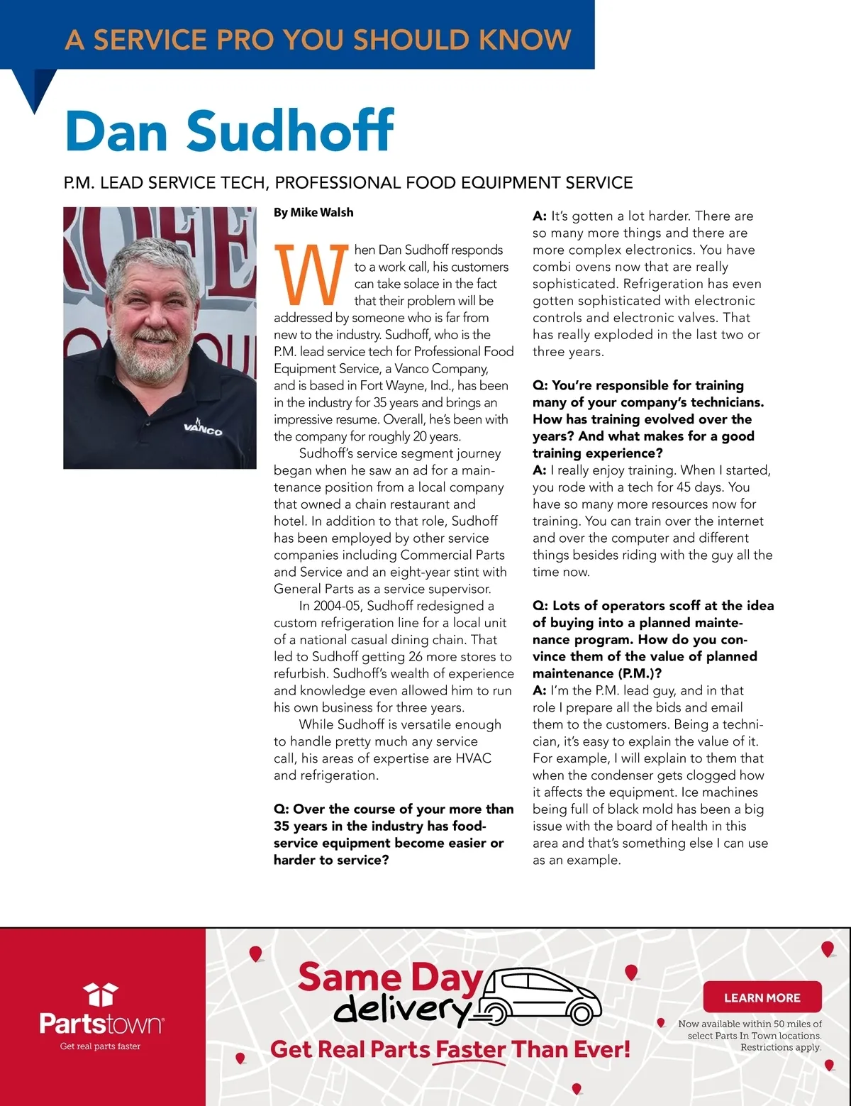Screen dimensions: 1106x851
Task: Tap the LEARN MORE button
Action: pos(762,997)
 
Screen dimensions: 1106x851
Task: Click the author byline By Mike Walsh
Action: pos(313,212)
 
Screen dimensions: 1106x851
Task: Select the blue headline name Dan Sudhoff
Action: pos(229,131)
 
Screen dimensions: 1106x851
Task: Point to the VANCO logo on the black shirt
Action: pos(203,428)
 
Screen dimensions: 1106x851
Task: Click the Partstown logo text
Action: pos(101,1024)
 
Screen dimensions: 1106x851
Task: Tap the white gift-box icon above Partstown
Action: pos(100,995)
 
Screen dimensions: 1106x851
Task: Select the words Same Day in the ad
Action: pos(390,978)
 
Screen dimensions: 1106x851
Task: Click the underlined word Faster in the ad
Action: pos(470,1050)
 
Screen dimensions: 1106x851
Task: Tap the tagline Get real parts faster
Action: pos(100,1046)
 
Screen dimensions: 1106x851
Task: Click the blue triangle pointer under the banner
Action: pos(35,89)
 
